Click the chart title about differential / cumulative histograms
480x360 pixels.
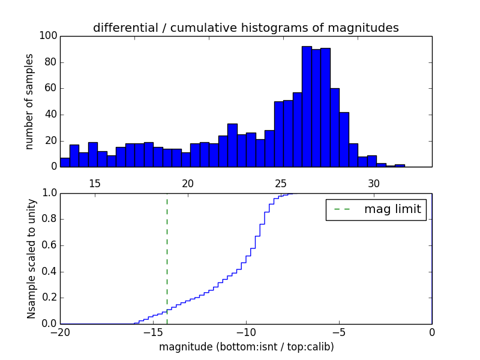coord(245,28)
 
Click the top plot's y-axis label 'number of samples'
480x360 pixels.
coord(29,101)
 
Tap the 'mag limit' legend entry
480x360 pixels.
coord(376,209)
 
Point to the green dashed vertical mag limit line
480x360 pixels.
coord(167,258)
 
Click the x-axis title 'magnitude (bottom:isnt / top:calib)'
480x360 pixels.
coord(246,347)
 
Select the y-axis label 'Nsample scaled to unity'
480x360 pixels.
coord(31,259)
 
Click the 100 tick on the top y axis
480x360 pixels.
coord(49,36)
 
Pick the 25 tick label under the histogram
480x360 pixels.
coord(281,183)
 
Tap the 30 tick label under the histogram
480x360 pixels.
coord(374,183)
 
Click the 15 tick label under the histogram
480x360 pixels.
coord(95,183)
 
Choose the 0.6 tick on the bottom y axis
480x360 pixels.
coord(49,245)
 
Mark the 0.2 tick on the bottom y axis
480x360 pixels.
coord(49,298)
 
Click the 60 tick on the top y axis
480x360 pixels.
coord(51,88)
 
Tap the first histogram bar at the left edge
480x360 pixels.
coord(65,162)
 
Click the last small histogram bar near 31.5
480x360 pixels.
coord(400,166)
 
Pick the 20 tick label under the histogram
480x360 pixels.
coord(188,183)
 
